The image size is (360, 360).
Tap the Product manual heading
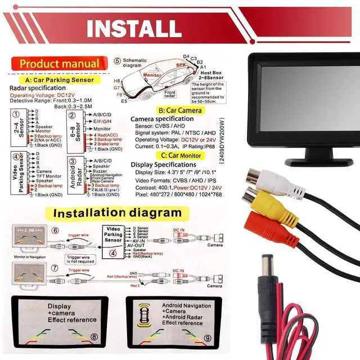[x=59, y=64]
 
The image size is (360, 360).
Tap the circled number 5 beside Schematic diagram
[x=117, y=61]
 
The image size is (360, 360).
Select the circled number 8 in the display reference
[x=94, y=337]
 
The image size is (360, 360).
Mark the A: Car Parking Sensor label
[x=62, y=80]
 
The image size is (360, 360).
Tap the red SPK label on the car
[x=181, y=65]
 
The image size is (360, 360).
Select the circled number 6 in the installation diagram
[x=55, y=231]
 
